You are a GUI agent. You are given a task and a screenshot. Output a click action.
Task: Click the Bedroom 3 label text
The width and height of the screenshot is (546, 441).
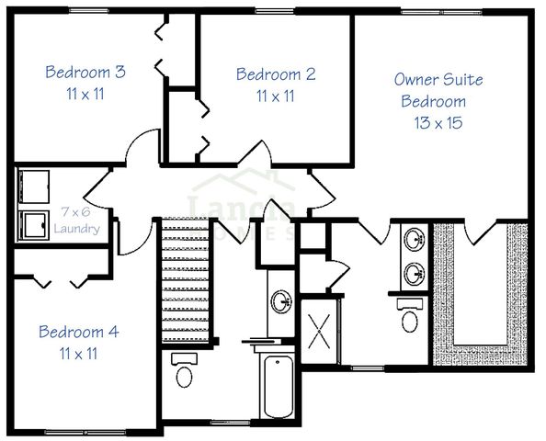pos(85,72)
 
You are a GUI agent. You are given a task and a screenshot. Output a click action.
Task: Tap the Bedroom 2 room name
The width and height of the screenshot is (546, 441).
pos(276,74)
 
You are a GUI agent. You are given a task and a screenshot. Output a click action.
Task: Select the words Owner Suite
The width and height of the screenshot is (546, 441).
pos(438,80)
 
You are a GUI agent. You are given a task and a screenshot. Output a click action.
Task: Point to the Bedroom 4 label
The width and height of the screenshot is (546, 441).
pos(78,332)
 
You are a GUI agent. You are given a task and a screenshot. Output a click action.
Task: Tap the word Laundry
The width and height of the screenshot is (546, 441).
pos(76,228)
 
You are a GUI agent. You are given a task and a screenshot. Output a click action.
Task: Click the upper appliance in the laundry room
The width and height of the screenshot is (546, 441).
pos(34,187)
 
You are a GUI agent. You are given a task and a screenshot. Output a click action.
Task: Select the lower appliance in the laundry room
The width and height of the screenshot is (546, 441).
pos(34,224)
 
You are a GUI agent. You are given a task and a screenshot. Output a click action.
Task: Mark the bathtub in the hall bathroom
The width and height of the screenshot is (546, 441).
pos(276,385)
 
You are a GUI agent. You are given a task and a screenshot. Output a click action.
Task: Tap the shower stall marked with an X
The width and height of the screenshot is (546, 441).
pos(320,327)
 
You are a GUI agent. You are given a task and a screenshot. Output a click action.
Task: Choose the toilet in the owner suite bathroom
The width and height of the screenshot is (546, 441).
pos(409,317)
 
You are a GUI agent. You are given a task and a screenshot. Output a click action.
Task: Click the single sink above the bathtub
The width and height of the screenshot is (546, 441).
pos(281,301)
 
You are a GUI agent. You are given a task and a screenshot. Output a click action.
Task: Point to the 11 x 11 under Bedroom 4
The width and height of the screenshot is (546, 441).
pos(78,353)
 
